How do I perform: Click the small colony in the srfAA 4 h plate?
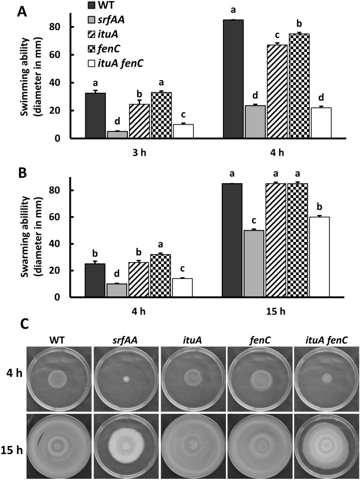124,379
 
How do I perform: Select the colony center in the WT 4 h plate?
57,379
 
